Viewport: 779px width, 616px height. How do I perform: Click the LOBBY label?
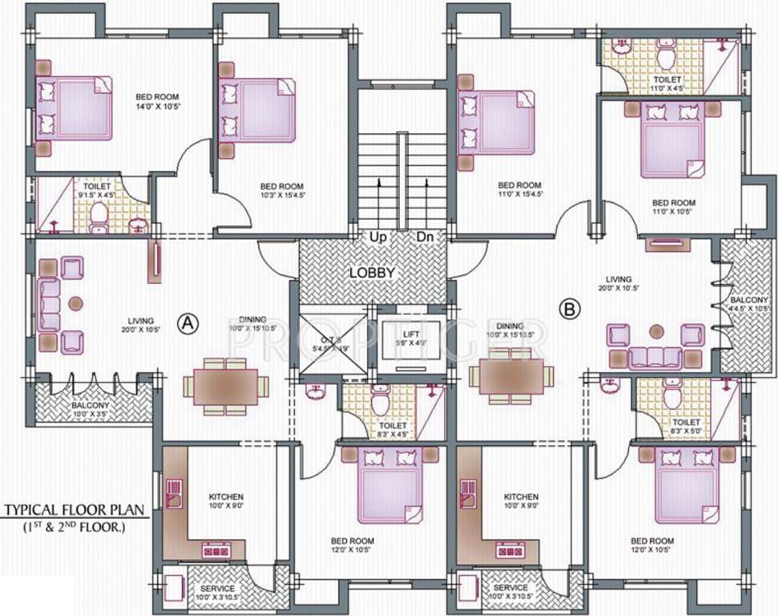pos(372,273)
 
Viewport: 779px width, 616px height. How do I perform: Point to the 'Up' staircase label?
pos(376,237)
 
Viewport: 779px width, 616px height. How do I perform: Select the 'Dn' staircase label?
pos(425,237)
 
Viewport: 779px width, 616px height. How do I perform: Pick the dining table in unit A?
pos(225,387)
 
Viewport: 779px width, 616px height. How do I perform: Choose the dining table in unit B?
pos(511,375)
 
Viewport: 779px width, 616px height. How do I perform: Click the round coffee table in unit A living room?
pos(75,304)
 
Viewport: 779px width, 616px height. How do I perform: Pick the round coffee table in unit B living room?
pos(657,330)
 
